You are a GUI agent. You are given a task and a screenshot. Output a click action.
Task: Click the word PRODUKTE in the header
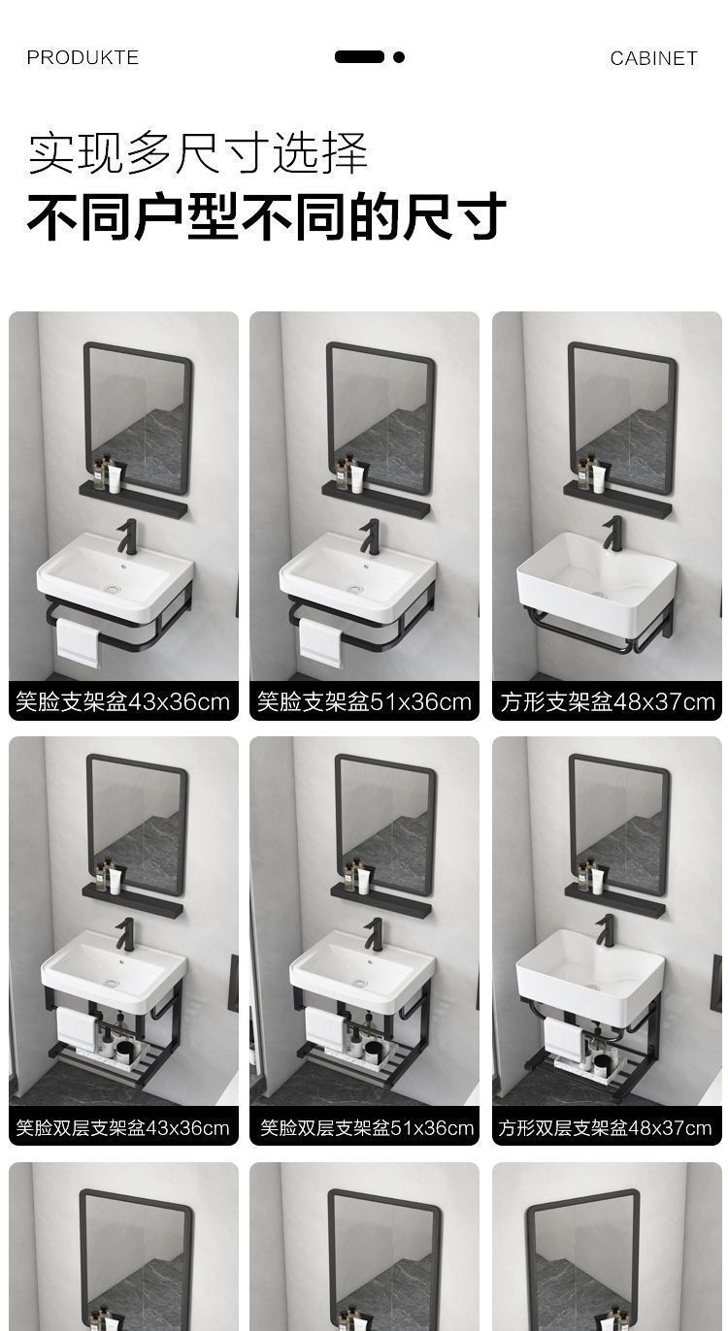coord(83,58)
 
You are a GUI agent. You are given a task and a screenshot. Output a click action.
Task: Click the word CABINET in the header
coord(653,58)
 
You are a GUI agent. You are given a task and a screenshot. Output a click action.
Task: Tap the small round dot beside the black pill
coord(399,57)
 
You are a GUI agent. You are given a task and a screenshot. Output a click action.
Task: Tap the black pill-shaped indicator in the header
coord(359,57)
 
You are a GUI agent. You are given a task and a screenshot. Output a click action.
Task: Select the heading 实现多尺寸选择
coord(198,153)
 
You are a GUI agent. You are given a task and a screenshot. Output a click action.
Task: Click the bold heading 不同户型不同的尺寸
coord(266,215)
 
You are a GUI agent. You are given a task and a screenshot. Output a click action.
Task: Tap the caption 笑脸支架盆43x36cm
coord(123,701)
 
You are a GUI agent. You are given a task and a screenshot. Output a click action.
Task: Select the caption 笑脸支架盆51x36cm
coord(364,701)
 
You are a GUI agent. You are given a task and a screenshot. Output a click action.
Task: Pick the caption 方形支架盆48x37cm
coord(607,701)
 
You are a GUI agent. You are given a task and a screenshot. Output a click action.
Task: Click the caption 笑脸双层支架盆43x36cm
coord(123,1127)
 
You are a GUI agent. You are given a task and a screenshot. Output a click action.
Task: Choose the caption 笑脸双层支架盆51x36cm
coord(364,1127)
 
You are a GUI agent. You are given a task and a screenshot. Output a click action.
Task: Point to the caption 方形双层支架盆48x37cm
coord(607,1127)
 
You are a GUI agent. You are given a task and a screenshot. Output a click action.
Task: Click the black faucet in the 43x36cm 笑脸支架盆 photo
coord(127,536)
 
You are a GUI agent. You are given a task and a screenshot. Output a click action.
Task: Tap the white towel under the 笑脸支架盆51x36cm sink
coord(320,641)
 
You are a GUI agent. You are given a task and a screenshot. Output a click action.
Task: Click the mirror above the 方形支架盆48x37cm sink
coord(622,417)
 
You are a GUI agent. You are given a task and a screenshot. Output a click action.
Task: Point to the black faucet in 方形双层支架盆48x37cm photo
coord(606,930)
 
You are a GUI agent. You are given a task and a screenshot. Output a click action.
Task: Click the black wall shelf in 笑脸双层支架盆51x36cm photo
coord(381,901)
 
